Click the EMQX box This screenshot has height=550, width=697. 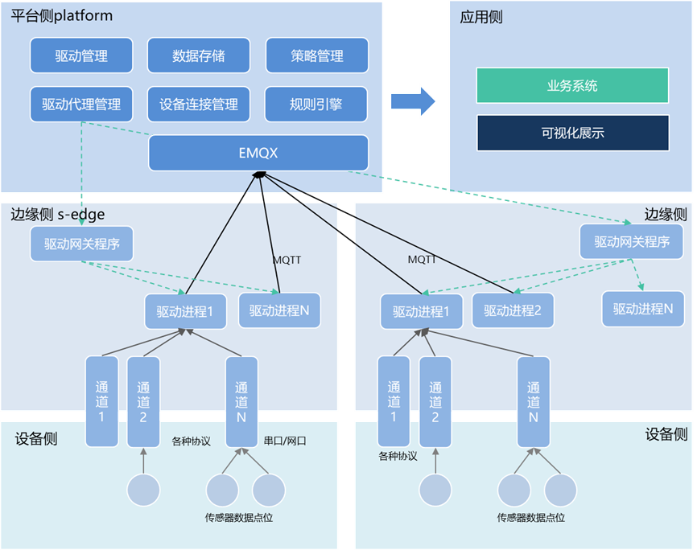click(258, 153)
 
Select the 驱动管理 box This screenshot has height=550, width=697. click(81, 55)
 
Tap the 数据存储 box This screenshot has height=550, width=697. click(199, 55)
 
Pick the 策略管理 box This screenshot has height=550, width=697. click(317, 55)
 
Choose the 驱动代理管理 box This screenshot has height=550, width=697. click(81, 104)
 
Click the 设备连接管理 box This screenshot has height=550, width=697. click(199, 104)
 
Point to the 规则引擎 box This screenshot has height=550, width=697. click(317, 104)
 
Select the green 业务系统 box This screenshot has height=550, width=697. click(572, 85)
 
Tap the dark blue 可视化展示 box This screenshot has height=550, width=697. click(572, 133)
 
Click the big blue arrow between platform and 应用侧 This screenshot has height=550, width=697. click(413, 101)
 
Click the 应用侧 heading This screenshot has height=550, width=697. click(481, 17)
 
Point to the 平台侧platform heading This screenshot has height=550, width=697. click(62, 16)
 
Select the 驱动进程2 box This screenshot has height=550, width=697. click(513, 310)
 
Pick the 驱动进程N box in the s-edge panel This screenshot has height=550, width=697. click(279, 310)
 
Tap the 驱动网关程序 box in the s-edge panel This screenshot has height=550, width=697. click(81, 244)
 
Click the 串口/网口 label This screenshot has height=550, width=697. click(286, 441)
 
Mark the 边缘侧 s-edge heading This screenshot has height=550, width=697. click(57, 215)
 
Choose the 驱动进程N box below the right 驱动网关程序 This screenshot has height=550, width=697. click(643, 308)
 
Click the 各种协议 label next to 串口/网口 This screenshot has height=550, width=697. click(191, 441)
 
